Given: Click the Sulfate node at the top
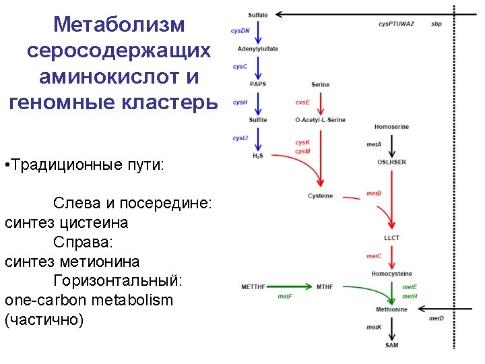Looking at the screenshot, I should pos(257,14).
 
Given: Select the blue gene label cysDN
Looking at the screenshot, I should pos(240,30).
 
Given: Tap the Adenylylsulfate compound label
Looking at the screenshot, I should pos(257,49).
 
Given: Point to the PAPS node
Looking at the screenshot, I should pos(257,84).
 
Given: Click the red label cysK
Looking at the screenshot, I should pos(302,142).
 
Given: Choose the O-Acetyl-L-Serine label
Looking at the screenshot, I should pos(320,120).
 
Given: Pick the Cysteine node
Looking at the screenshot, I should pos(320,196).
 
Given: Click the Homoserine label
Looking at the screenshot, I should pos(391,127).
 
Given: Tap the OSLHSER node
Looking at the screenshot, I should pos(391,162).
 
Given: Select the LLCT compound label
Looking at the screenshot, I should pos(391,238).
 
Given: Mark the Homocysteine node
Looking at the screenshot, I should pos(391,274).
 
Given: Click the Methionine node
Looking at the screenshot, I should pos(391,309).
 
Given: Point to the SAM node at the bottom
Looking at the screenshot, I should pos(391,345).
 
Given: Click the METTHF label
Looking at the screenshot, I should pos(253,287).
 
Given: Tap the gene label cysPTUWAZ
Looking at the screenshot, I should pos(396,24).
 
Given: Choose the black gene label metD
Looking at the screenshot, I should pos(437,318).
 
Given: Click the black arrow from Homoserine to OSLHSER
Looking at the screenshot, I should pos(391,144).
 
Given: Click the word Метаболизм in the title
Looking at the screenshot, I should pos(119,25).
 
